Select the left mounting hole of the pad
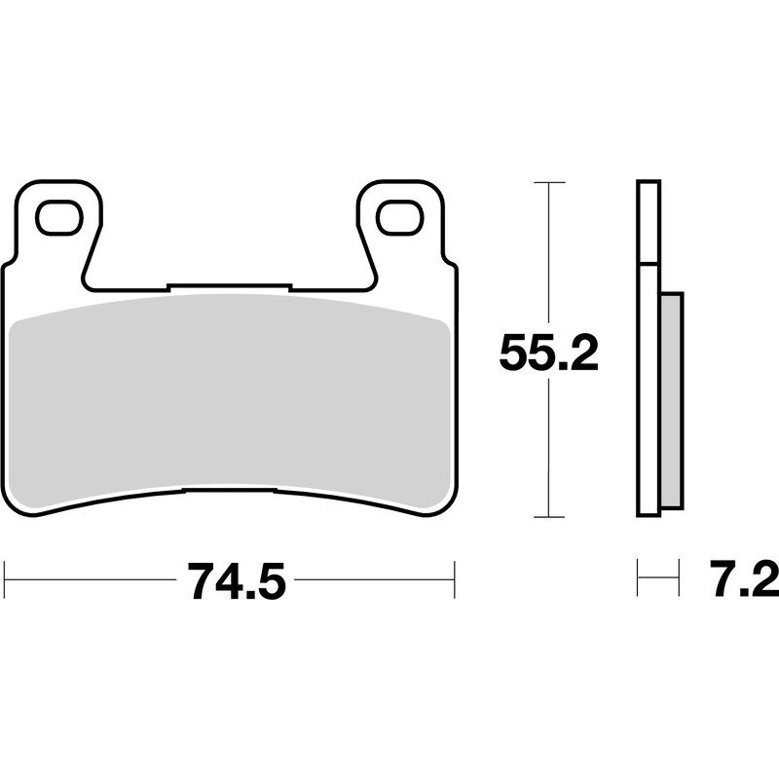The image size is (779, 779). (x=60, y=216)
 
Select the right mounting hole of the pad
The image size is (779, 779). (x=398, y=216)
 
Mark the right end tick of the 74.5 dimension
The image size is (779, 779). (x=455, y=580)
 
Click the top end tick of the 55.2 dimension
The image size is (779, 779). (x=550, y=183)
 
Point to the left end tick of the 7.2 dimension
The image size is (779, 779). (x=638, y=580)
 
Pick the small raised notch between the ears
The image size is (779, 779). (x=229, y=286)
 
